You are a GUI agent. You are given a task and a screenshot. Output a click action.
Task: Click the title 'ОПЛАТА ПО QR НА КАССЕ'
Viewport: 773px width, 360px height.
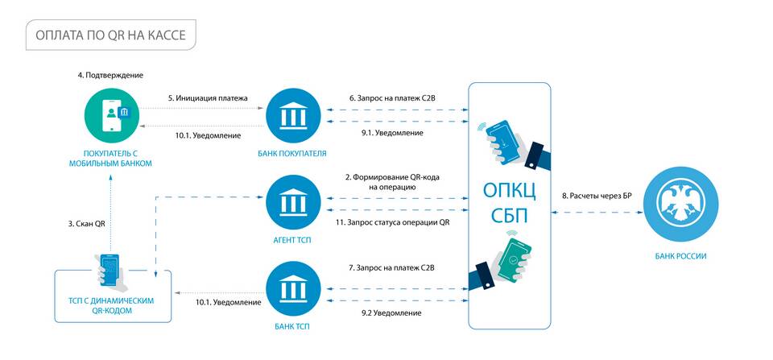[110, 35]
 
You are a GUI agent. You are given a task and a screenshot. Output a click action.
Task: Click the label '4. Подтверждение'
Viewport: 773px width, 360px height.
[110, 75]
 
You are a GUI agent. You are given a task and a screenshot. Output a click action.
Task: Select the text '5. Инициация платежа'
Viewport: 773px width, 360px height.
[208, 97]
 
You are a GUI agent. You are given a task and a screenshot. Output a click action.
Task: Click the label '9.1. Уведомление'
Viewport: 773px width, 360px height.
[392, 133]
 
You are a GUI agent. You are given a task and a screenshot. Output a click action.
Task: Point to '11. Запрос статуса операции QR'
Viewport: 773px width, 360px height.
[392, 222]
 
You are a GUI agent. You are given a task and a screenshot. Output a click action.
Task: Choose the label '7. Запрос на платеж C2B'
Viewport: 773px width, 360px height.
[392, 267]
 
